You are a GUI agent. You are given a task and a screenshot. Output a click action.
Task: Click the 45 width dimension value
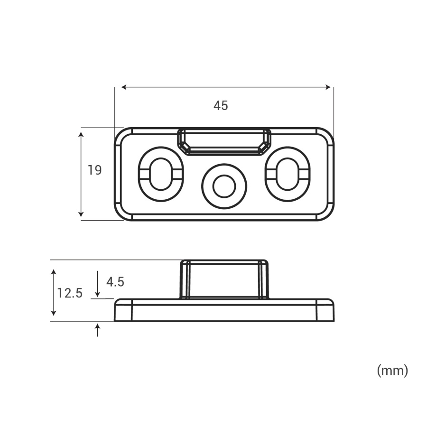221,106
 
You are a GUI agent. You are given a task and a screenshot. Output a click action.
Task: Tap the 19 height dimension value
94,170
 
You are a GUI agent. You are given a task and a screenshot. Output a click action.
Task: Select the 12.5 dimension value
70,293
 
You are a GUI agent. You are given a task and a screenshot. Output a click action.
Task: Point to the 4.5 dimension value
115,282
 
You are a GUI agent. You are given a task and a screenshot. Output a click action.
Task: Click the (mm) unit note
392,371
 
